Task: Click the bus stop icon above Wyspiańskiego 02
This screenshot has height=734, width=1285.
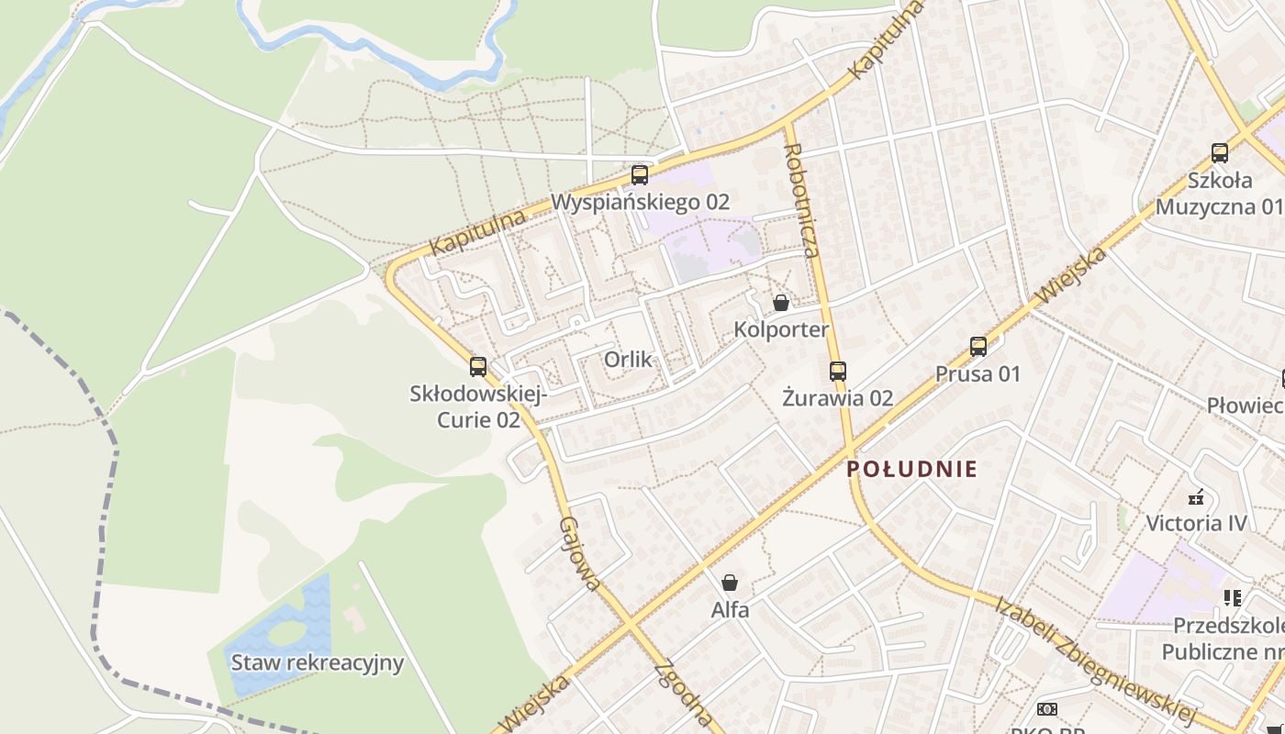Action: pyautogui.click(x=640, y=174)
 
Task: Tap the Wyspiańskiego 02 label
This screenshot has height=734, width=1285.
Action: pyautogui.click(x=641, y=202)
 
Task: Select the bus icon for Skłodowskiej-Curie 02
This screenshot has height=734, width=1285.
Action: pyautogui.click(x=478, y=367)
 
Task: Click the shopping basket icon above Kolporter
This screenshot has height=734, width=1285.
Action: pyautogui.click(x=781, y=302)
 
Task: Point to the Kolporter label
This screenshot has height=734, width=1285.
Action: pyautogui.click(x=781, y=329)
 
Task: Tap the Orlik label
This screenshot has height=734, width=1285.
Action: pyautogui.click(x=629, y=359)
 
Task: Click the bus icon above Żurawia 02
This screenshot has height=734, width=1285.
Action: pyautogui.click(x=838, y=372)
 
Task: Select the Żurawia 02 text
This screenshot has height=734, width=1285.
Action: pyautogui.click(x=838, y=398)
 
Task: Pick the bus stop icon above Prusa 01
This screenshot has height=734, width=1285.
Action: pyautogui.click(x=978, y=347)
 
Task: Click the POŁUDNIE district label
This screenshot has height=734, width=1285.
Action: pyautogui.click(x=911, y=469)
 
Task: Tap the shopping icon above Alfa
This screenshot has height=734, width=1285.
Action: pyautogui.click(x=730, y=583)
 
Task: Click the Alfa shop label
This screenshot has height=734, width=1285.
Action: pyautogui.click(x=731, y=609)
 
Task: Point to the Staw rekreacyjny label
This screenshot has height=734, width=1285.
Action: pyautogui.click(x=318, y=662)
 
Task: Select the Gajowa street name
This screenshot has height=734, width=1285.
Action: pyautogui.click(x=581, y=553)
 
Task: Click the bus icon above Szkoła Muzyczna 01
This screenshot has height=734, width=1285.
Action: pyautogui.click(x=1220, y=153)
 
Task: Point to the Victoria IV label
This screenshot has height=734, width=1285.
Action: pyautogui.click(x=1197, y=524)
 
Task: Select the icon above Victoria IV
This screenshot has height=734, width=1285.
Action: pyautogui.click(x=1196, y=497)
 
